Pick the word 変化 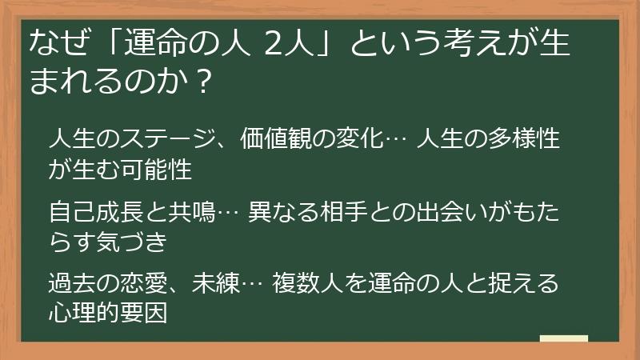pyautogui.click(x=362, y=139)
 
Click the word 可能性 pyautogui.click(x=155, y=168)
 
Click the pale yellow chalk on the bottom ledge pyautogui.click(x=564, y=339)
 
